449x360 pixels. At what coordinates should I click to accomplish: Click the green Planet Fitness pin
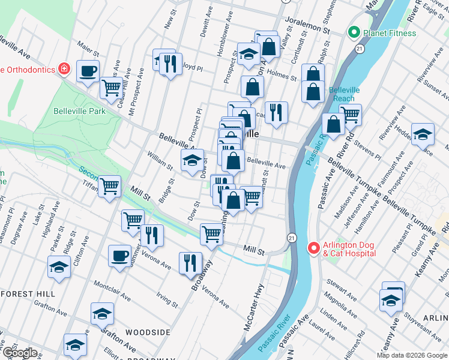[x=354, y=32]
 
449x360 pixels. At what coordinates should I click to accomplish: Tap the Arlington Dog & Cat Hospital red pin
[x=313, y=248]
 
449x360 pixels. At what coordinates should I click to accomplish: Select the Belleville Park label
[x=79, y=111]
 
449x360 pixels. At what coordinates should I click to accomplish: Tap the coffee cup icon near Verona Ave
[x=119, y=256]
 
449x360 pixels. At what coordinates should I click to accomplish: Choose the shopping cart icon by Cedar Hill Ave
[x=112, y=88]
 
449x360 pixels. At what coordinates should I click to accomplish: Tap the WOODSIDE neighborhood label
[x=145, y=331]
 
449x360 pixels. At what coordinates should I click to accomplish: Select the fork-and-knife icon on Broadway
[x=190, y=262]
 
